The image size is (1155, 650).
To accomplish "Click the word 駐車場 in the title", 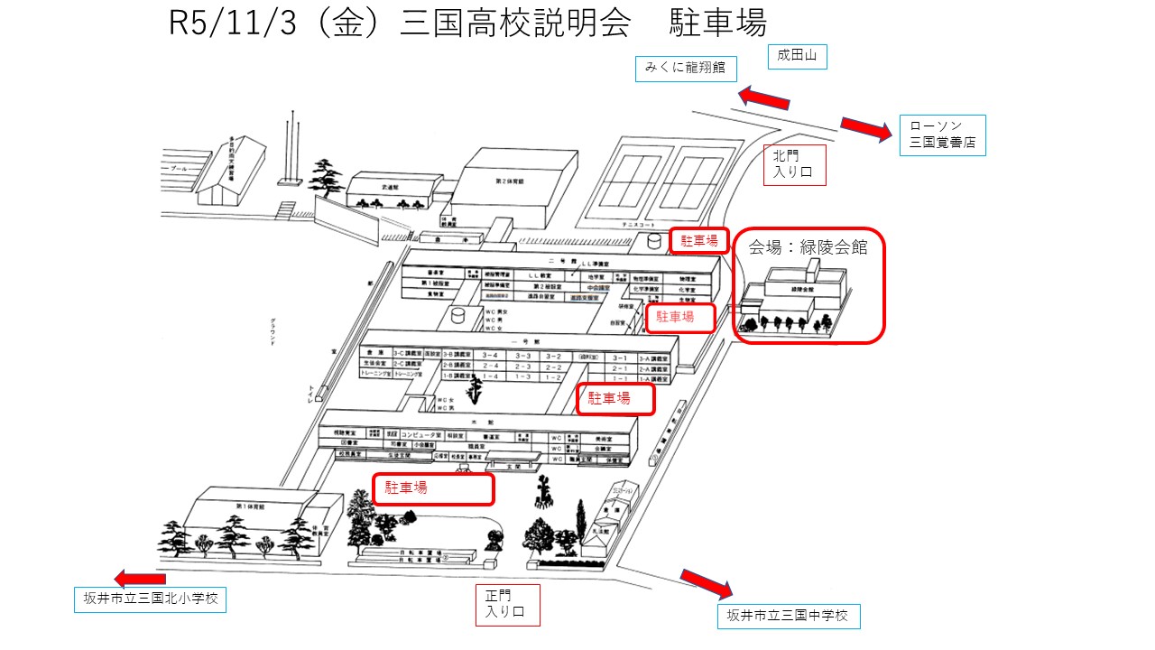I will [x=717, y=23].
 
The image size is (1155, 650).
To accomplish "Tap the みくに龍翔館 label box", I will [x=685, y=68].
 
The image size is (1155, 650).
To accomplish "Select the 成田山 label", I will [x=797, y=57].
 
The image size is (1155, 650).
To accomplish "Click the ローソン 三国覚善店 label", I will [x=942, y=135].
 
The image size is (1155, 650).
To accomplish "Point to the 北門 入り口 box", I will [x=794, y=165].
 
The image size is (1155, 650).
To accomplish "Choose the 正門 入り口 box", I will [x=506, y=605].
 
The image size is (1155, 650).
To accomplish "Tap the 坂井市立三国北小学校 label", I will [x=149, y=599].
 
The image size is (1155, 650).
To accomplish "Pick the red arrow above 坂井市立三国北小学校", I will [x=141, y=579].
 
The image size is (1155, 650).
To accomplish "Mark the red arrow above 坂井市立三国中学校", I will [x=707, y=583].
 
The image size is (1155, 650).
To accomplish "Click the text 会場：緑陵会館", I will [x=808, y=248].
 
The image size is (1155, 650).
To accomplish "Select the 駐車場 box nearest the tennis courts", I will [x=698, y=240].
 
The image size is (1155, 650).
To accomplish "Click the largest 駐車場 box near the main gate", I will [x=433, y=488].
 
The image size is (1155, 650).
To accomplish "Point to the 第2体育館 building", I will [x=519, y=190].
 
